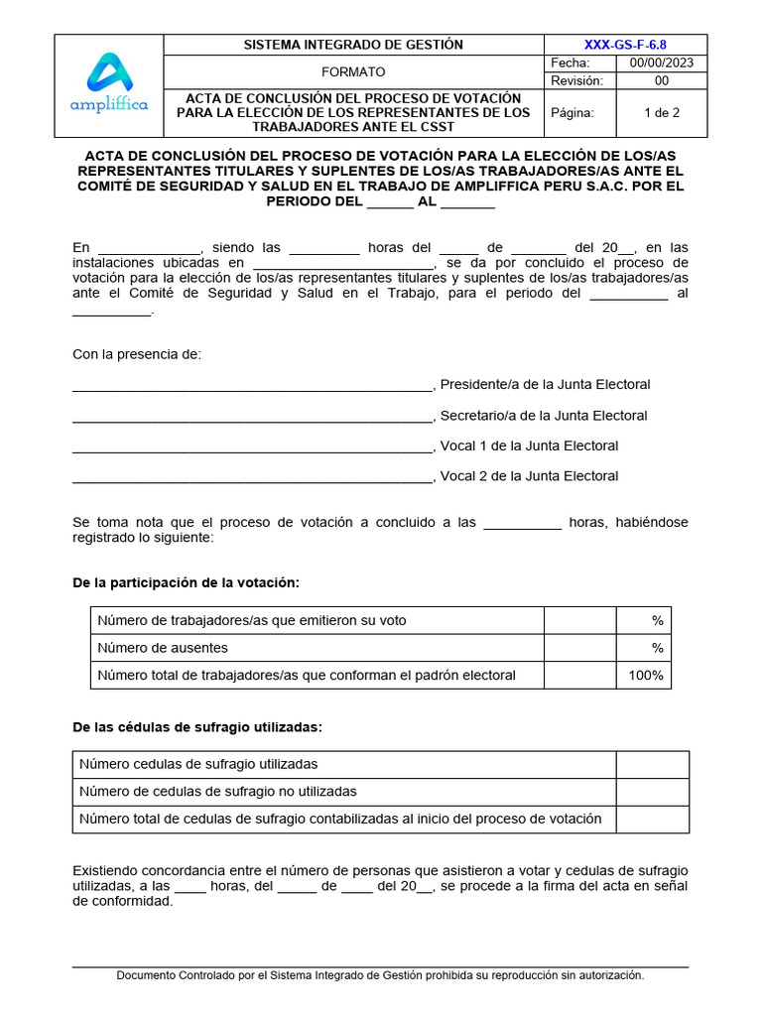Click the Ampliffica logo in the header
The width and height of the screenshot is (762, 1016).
(x=108, y=84)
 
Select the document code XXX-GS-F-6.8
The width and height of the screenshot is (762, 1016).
(x=625, y=45)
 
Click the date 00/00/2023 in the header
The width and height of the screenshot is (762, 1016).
(x=662, y=63)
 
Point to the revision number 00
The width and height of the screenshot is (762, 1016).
(x=662, y=80)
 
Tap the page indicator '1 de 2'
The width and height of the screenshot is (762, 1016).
(x=662, y=113)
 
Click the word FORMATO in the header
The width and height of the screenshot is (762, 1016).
(x=353, y=72)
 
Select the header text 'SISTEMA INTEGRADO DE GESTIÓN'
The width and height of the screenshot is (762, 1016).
(x=353, y=45)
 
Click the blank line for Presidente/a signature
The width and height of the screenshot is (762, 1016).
(x=253, y=385)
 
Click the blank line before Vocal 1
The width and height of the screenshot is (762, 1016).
(x=253, y=446)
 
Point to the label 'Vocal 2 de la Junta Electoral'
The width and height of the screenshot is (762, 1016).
(x=529, y=476)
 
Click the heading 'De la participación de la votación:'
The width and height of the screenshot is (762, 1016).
(x=187, y=582)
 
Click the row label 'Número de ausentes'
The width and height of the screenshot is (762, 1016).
(x=163, y=648)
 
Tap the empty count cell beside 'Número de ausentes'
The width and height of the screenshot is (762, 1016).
(x=579, y=648)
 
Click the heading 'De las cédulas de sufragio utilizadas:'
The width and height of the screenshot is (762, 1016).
(x=198, y=727)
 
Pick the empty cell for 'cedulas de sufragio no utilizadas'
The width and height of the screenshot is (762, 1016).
(x=652, y=792)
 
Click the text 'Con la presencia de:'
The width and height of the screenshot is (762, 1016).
(x=137, y=355)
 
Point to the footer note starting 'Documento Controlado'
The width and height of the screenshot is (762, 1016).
(x=380, y=975)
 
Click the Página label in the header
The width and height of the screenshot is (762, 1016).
(x=572, y=113)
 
